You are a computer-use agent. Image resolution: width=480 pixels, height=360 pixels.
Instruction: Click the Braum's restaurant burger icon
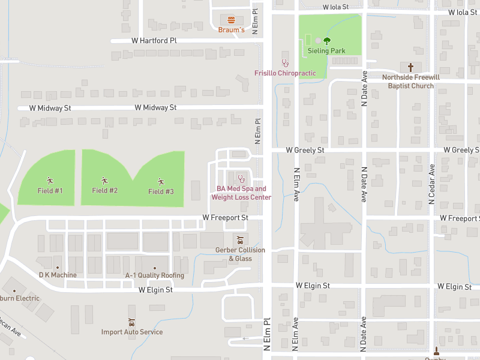coord(231,19)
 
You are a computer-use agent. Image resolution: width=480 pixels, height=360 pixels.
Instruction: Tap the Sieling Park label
coord(326,51)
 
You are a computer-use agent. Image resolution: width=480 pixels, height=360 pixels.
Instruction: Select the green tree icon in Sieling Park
coord(326,41)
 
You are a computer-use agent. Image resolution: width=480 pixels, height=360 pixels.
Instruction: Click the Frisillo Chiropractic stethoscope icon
coord(285,62)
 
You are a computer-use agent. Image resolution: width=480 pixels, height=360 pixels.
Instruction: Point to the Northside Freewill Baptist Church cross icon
coord(411,67)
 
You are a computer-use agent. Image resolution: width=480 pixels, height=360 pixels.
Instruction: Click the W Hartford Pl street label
coord(154,41)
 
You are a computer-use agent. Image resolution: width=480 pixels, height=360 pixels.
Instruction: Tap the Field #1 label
coord(50,191)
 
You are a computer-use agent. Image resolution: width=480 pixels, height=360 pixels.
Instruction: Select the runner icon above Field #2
coord(104,180)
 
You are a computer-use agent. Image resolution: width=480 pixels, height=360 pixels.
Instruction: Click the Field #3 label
coord(161,191)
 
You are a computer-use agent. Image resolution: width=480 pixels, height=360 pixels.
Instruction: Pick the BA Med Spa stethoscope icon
coord(241,178)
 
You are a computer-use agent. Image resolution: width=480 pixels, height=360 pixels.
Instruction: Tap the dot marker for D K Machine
coord(58,267)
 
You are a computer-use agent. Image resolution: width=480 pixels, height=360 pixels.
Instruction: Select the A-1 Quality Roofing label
coord(154,275)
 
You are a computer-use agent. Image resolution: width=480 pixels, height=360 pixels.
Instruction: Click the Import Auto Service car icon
coord(131,322)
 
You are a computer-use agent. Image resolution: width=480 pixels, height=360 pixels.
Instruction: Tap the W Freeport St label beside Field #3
coord(225,217)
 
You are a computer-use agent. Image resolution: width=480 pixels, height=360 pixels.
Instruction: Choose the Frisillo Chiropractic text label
coord(285,73)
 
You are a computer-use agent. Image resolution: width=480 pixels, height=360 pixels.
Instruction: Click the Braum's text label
coord(231,29)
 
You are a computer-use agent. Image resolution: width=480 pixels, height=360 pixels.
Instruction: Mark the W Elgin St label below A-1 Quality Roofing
coord(155,290)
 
